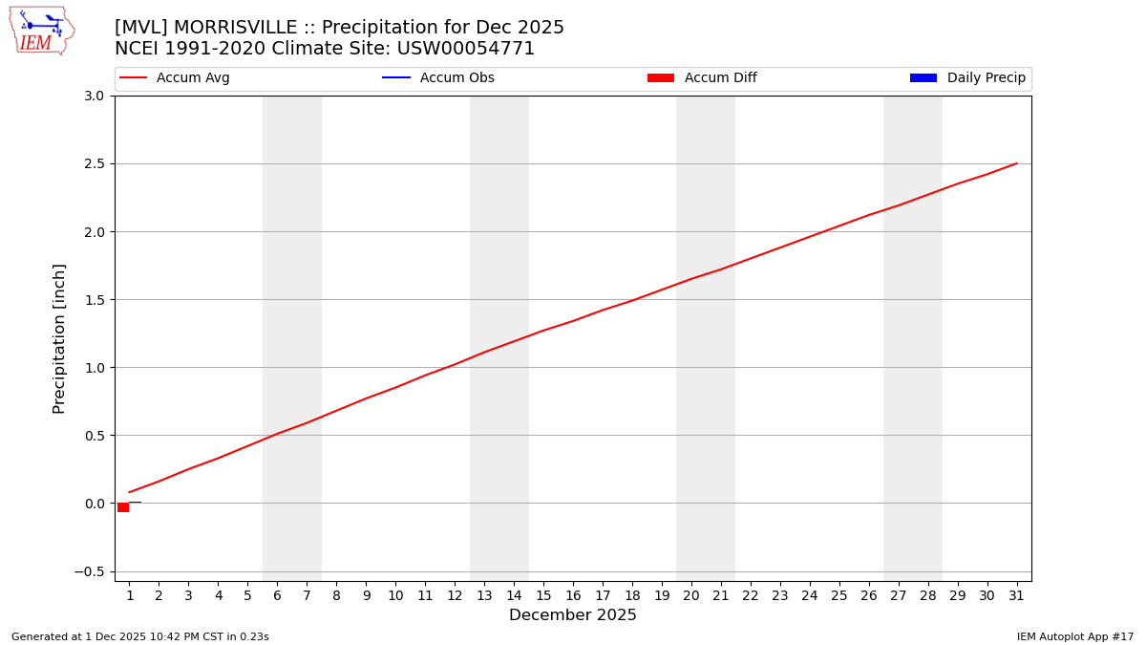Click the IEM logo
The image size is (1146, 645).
click(x=41, y=31)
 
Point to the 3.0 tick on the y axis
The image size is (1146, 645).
click(x=95, y=96)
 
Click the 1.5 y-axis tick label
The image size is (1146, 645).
click(x=95, y=300)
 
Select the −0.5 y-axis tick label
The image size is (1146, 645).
click(x=92, y=571)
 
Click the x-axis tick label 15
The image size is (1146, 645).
click(x=543, y=595)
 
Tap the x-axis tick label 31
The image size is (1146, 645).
click(x=1016, y=595)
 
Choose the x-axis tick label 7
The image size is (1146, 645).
click(x=307, y=595)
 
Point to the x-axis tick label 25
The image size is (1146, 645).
click(x=838, y=595)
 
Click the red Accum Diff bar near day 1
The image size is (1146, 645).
click(x=123, y=507)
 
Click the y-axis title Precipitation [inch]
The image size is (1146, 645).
click(x=59, y=338)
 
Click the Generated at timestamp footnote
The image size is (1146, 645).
click(x=140, y=636)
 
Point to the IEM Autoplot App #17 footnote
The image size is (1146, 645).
click(x=1074, y=636)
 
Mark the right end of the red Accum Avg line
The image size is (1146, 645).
click(x=1016, y=163)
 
